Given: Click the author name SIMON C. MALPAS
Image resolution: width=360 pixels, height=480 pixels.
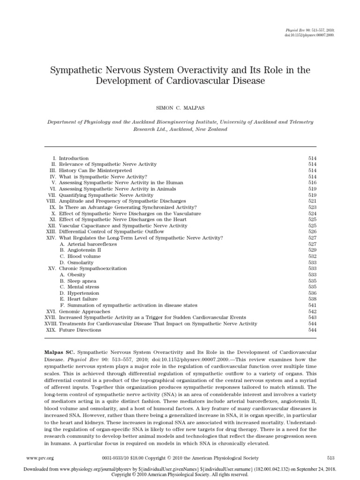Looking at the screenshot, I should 180,101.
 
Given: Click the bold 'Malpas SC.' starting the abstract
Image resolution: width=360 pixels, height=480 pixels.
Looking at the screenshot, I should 60,352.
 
